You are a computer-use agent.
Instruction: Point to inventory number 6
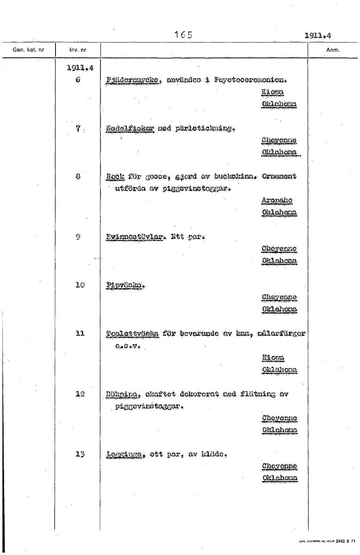point(78,79)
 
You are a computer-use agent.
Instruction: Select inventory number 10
point(78,284)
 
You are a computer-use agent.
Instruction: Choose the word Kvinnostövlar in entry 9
point(131,238)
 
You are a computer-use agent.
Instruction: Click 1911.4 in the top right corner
point(320,35)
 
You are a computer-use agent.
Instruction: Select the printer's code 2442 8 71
point(344,541)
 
